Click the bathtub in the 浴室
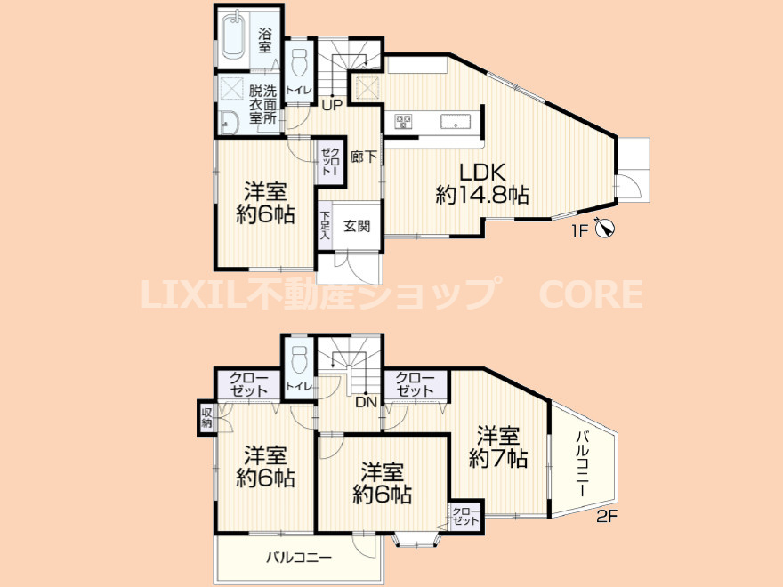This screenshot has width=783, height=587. (235, 36)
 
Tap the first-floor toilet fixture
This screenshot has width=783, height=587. (299, 62)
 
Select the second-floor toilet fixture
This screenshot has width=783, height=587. (299, 361)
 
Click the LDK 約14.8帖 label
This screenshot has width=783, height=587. (480, 183)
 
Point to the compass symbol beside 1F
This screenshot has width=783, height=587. (605, 229)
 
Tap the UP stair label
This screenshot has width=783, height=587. (332, 105)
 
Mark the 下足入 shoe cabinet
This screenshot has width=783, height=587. (327, 225)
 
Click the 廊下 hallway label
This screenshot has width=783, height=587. (362, 157)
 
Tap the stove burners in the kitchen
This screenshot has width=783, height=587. (402, 122)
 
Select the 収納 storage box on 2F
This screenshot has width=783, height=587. (206, 417)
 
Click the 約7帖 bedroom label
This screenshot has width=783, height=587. (498, 447)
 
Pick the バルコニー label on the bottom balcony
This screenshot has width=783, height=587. (300, 559)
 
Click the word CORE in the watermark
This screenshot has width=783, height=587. (589, 293)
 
